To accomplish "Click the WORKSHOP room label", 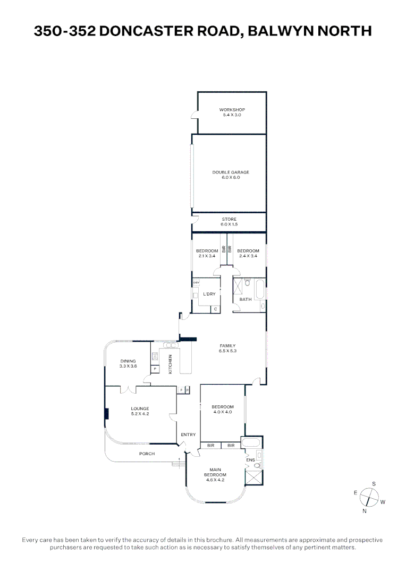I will (x=232, y=110).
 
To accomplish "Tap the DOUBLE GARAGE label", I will (x=231, y=172).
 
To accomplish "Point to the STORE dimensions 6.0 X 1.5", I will (x=230, y=224).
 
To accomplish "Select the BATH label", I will (x=246, y=299).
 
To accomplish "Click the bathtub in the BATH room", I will (x=259, y=290).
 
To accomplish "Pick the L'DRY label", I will (x=209, y=294).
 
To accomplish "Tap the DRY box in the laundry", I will (x=196, y=283).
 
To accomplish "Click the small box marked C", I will (x=216, y=309).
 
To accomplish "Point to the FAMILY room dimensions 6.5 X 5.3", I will (x=227, y=351).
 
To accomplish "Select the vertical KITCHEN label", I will (x=171, y=364).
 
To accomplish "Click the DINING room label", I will (x=128, y=361).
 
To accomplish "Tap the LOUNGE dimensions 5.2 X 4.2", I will (x=140, y=413).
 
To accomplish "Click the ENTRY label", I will (x=188, y=435).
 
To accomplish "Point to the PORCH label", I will (x=147, y=454).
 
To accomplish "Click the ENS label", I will (x=257, y=460).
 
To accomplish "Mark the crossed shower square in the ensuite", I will (x=254, y=477).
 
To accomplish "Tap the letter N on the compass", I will (x=364, y=511).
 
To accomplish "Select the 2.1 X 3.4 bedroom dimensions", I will (x=207, y=256).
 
